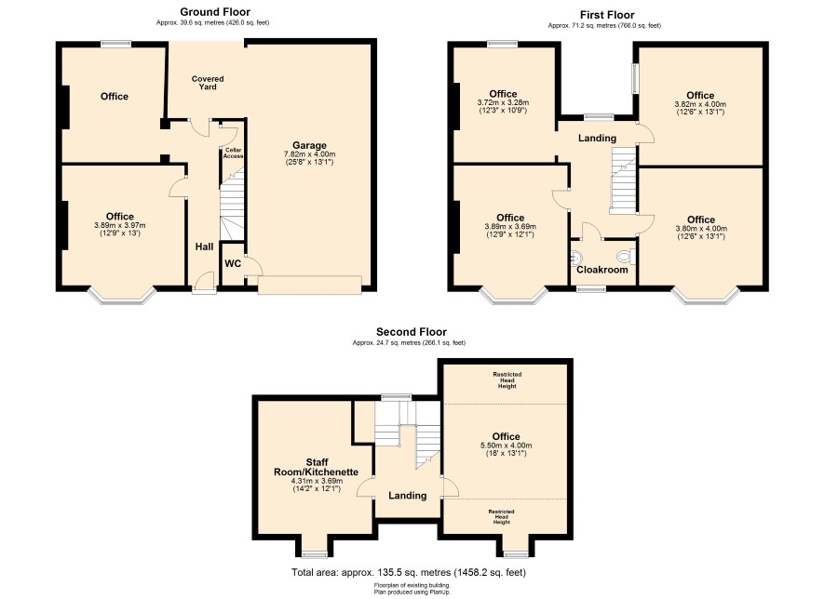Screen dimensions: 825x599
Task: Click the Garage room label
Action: pyautogui.click(x=309, y=145)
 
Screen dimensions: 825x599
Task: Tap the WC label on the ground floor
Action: pyautogui.click(x=233, y=263)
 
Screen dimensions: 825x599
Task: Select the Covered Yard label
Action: pyautogui.click(x=208, y=83)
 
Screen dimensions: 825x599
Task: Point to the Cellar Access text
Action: pyautogui.click(x=233, y=153)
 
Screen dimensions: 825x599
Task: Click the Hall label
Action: pyautogui.click(x=204, y=246)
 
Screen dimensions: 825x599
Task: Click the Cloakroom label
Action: pyautogui.click(x=602, y=270)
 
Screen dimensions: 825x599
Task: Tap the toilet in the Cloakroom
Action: pyautogui.click(x=626, y=257)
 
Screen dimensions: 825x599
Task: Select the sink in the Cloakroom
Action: pyautogui.click(x=576, y=258)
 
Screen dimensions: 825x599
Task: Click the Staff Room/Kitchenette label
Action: pyautogui.click(x=317, y=467)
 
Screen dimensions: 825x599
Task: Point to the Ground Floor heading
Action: pyautogui.click(x=215, y=11)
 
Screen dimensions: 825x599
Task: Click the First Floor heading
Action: pyautogui.click(x=607, y=15)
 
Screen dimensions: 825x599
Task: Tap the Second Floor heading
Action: pyautogui.click(x=412, y=331)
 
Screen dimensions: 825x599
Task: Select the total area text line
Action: pyautogui.click(x=409, y=572)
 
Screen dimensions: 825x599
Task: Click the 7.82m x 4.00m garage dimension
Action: pyautogui.click(x=309, y=154)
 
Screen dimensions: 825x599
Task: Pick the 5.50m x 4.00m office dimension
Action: pyautogui.click(x=507, y=446)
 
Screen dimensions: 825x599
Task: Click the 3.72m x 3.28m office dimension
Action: pyautogui.click(x=503, y=103)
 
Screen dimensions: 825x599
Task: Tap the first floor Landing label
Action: pyautogui.click(x=597, y=139)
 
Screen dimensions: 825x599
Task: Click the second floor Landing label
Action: pyautogui.click(x=407, y=496)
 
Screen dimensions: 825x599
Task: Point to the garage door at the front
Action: pyautogui.click(x=309, y=285)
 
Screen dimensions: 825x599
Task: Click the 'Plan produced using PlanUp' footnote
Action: pyautogui.click(x=412, y=592)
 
